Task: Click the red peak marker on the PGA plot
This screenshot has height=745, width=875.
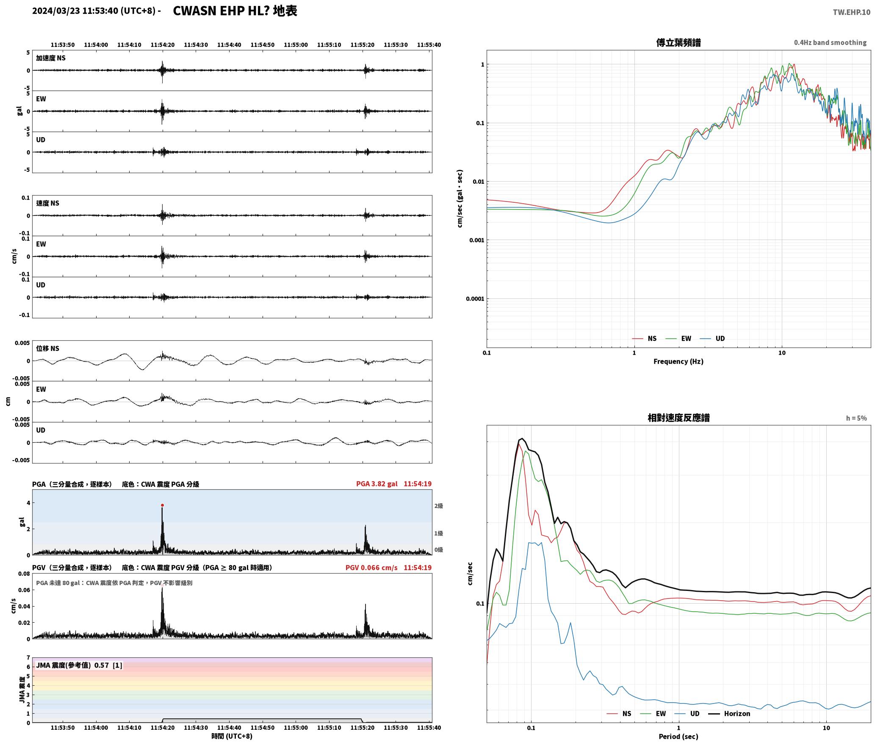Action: (162, 505)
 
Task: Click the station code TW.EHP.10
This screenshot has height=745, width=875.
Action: (851, 12)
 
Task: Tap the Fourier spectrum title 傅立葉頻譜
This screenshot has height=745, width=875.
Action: (678, 42)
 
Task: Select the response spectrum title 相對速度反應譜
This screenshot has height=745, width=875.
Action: (678, 418)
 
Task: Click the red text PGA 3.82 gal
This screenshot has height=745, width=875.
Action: (377, 484)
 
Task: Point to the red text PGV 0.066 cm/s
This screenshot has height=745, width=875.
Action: (371, 568)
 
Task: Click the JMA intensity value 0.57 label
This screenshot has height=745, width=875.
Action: (102, 665)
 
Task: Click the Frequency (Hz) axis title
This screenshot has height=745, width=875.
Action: (678, 361)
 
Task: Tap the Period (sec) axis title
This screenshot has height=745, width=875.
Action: (678, 737)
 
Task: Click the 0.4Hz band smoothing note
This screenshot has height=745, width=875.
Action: (830, 42)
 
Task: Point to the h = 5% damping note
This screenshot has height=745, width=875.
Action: (856, 418)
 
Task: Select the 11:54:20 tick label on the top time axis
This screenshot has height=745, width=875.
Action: (162, 44)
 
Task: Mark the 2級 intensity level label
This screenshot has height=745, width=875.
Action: (438, 506)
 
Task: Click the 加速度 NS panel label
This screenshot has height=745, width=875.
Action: (51, 58)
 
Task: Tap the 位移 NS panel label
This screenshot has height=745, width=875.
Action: (47, 348)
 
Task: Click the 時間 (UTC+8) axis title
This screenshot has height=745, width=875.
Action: (232, 736)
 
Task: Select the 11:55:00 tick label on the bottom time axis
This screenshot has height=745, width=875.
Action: (296, 728)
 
